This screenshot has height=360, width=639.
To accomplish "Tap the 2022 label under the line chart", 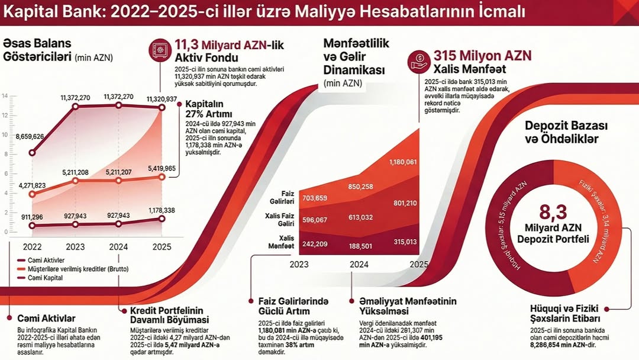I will click(32, 246).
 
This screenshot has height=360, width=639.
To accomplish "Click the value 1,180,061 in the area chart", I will click(403, 162).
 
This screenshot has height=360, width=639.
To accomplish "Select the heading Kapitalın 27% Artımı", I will click(208, 108).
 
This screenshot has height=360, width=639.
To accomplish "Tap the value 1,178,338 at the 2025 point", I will click(162, 210).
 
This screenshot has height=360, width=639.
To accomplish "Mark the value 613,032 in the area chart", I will click(361, 217).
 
